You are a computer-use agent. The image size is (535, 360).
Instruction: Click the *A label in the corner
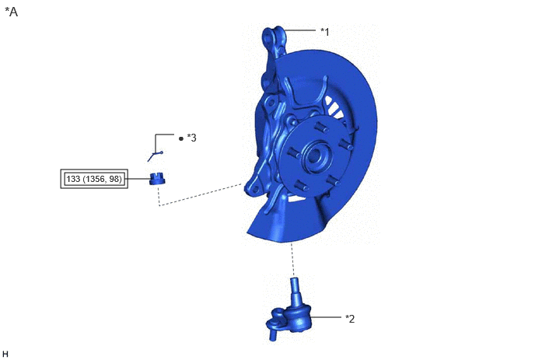tap(11, 12)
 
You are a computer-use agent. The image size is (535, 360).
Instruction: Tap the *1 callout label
tap(325, 32)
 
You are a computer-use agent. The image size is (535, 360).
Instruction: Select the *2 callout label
tap(350, 318)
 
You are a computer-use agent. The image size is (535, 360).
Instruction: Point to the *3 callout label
tap(192, 138)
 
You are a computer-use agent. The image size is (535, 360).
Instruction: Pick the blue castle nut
tap(157, 179)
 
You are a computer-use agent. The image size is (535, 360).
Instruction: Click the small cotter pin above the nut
tap(156, 156)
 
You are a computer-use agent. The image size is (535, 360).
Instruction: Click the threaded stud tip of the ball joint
tap(294, 282)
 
